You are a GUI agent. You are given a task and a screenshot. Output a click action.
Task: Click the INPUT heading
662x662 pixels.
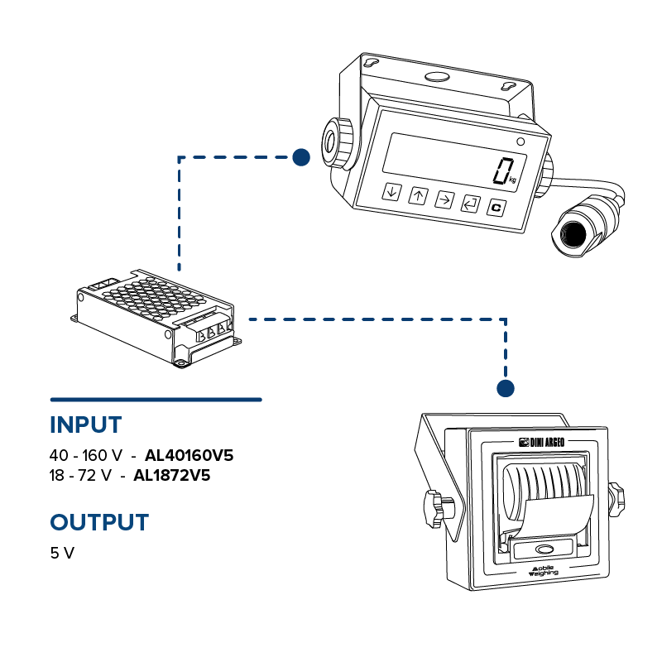(86, 425)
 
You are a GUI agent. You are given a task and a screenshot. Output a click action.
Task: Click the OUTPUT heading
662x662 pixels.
(100, 522)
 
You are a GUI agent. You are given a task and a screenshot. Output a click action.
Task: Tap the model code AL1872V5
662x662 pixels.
(171, 476)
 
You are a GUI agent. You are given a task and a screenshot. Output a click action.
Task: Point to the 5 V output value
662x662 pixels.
(62, 553)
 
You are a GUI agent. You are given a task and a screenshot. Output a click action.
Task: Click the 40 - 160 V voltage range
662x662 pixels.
(86, 455)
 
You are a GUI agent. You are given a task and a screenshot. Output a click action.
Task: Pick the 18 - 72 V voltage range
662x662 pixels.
(80, 476)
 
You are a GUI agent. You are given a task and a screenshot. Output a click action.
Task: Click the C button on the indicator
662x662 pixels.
(496, 208)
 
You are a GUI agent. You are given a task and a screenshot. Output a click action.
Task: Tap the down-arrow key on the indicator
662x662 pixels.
(391, 192)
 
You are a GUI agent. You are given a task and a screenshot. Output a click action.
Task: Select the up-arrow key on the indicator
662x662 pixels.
(418, 196)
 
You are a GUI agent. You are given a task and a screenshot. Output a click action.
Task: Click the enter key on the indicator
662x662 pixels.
(470, 204)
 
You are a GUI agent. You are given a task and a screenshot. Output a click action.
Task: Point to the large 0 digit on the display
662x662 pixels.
(502, 170)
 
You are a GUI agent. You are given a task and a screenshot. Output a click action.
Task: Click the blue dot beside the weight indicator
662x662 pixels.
(301, 156)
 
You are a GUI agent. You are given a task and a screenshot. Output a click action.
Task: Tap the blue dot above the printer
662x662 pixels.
(506, 387)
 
